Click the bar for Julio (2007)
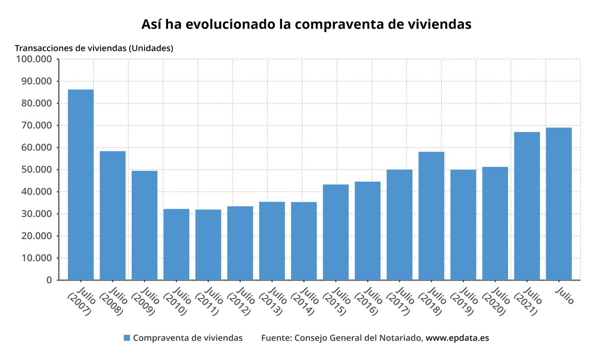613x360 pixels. point(81,185)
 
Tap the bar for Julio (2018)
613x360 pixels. point(431,215)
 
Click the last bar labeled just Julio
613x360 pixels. point(559,204)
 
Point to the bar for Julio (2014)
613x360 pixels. point(304,241)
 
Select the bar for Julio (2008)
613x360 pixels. point(112,215)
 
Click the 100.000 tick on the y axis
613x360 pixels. point(35,59)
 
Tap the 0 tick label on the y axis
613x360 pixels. point(49,280)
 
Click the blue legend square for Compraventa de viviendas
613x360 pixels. point(127,338)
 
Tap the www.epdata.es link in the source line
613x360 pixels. point(457,338)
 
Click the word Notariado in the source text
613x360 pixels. point(402,338)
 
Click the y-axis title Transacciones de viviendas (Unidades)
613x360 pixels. point(94,49)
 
